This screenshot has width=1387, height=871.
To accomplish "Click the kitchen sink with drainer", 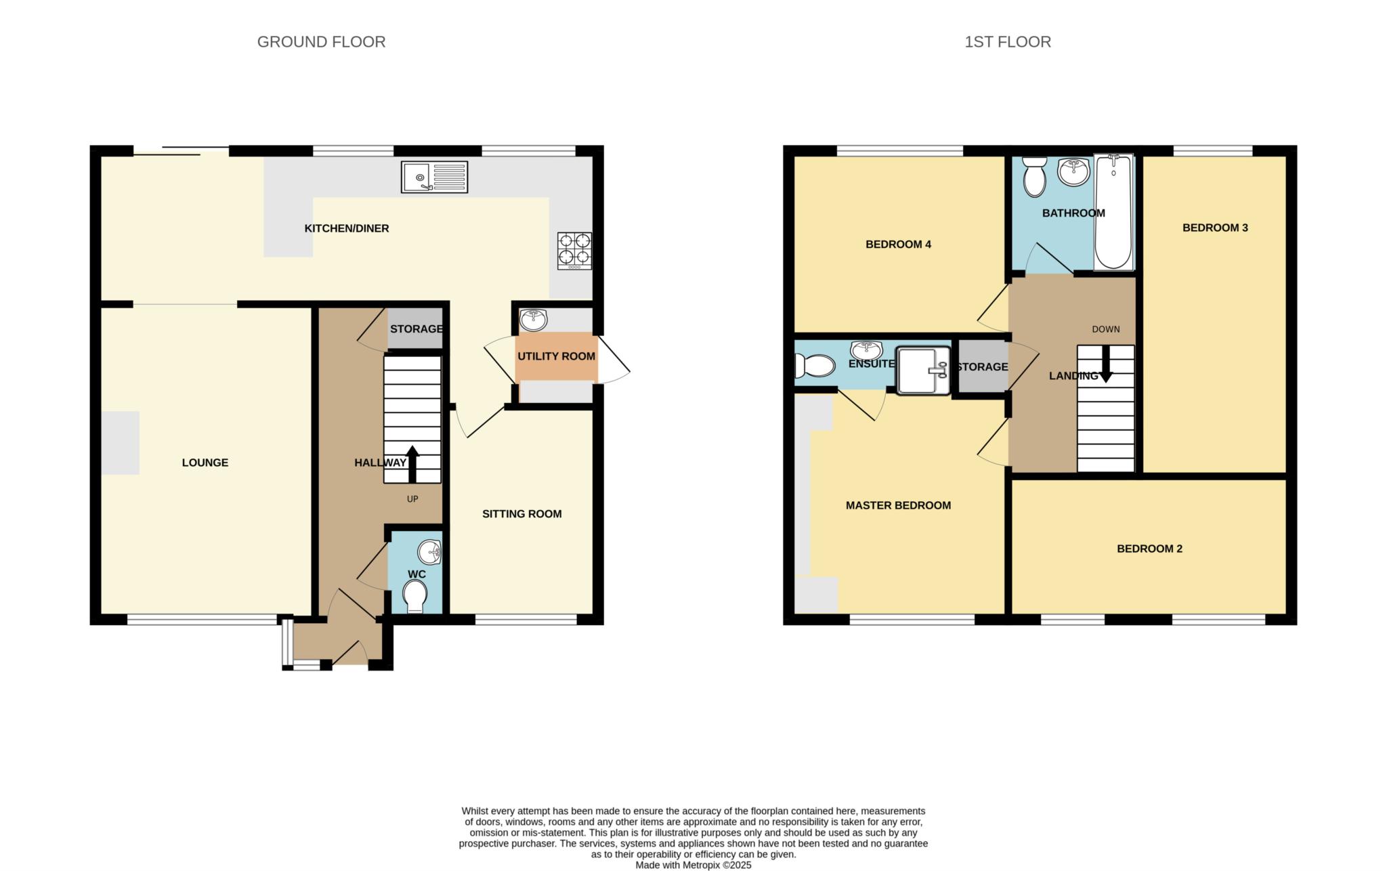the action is coord(434,177).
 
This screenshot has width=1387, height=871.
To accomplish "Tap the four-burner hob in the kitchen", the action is coord(574,251).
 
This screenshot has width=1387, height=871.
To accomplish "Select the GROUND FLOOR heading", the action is coord(321,42).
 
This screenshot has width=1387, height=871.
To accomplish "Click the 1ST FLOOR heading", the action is coord(1008,42).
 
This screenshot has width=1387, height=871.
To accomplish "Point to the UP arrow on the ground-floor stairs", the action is coord(412,464).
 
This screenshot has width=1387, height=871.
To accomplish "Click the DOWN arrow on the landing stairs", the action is coord(1106,364).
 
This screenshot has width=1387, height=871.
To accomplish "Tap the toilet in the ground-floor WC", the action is coord(414,597).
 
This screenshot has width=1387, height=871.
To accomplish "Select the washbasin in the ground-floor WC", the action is coord(429,553).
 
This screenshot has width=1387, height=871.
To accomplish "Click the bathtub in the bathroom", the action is coord(1113,212).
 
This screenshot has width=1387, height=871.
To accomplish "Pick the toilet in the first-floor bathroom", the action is coord(1034,177).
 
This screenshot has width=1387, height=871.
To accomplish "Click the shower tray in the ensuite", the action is coord(923,370).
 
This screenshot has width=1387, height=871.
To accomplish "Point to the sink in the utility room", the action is coord(534,319).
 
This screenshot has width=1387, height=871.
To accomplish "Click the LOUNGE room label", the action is coord(205,463).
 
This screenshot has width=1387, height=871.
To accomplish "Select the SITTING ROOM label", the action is coord(522,514).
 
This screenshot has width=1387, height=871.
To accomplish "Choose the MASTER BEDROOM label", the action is coord(898,505).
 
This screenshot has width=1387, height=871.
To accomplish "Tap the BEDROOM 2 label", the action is coord(1149,549).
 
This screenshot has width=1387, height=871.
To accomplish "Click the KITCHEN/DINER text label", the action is coord(347,228).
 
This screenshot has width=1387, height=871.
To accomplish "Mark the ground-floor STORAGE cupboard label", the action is coord(416,329).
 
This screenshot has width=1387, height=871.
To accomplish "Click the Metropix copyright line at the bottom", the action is coord(693,865).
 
